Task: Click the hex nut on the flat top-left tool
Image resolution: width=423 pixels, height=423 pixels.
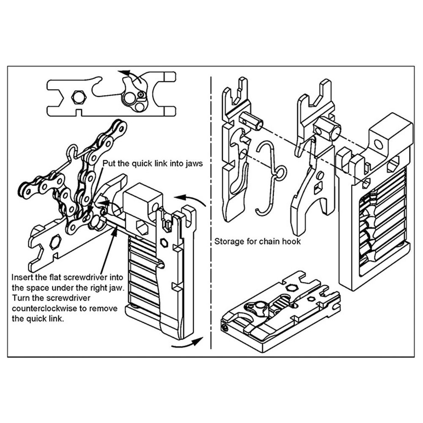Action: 77,97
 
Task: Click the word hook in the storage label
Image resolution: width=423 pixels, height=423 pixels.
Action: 291,242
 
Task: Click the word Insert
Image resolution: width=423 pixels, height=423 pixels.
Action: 23,278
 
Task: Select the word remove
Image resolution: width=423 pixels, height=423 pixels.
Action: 102,308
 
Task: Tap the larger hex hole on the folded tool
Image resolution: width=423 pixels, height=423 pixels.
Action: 290,287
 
